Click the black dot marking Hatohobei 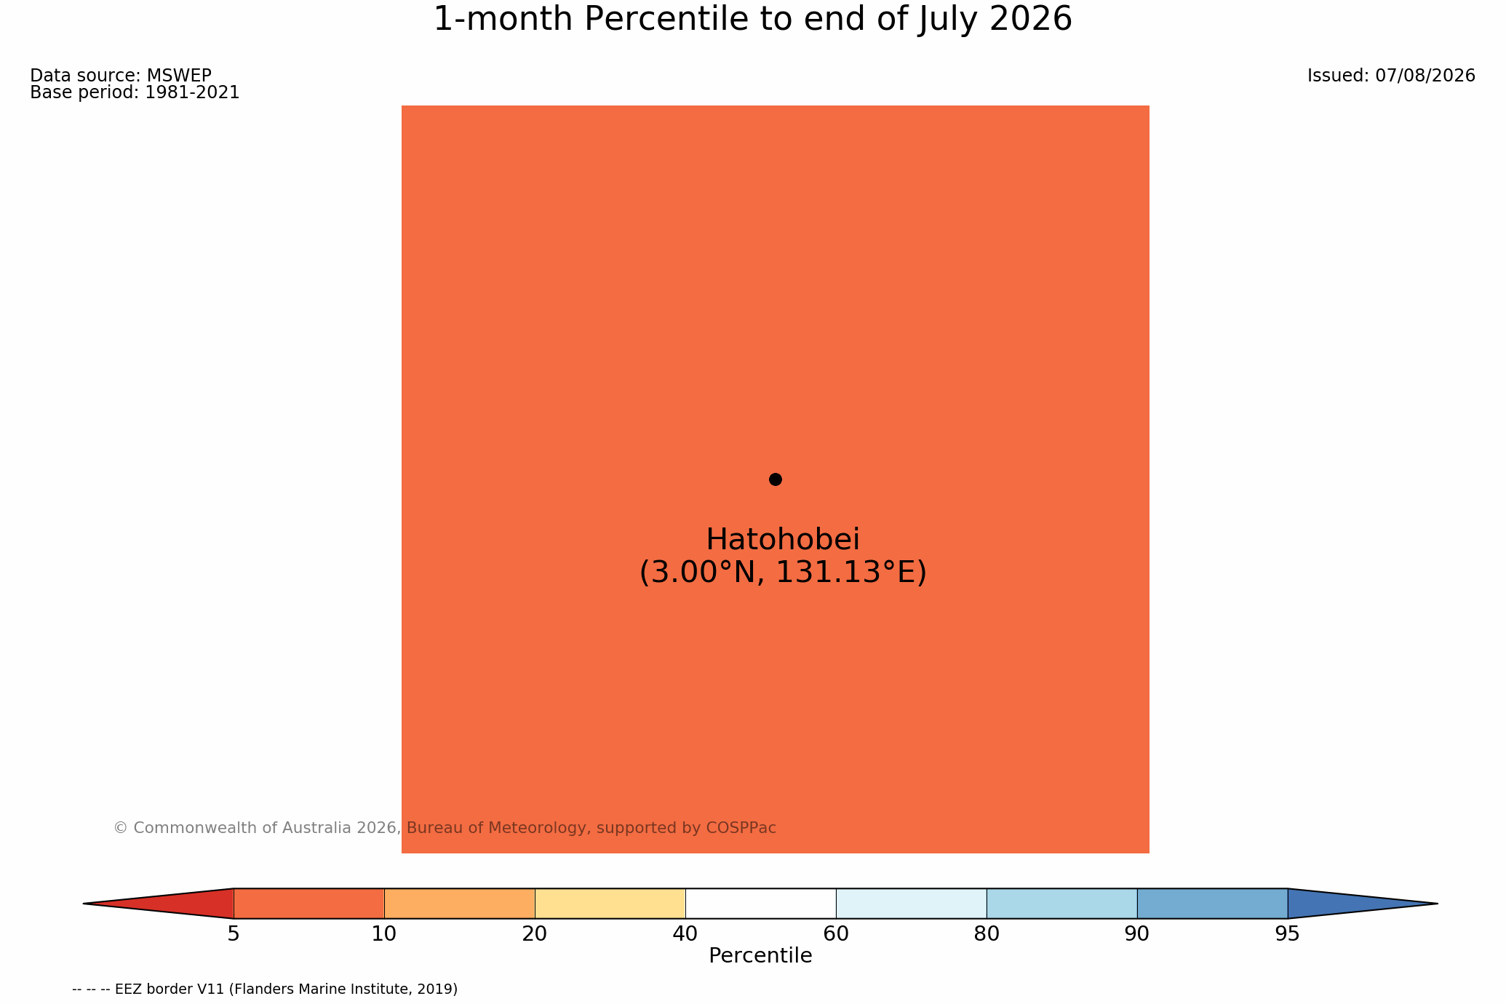[776, 479]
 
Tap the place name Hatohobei [783, 540]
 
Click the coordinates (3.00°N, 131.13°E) [783, 573]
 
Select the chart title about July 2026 [753, 19]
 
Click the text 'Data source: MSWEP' [121, 76]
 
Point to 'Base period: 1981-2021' [135, 93]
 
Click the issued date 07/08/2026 [1425, 76]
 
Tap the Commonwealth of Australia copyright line [445, 828]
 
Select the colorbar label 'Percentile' [760, 956]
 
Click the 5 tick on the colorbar [234, 934]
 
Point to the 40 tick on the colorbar [685, 934]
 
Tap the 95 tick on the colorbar [1288, 934]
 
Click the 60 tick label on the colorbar [836, 934]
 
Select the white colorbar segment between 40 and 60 [760, 904]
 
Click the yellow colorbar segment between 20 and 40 [610, 904]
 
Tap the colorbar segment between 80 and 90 [1061, 904]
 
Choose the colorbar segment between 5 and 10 [308, 904]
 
